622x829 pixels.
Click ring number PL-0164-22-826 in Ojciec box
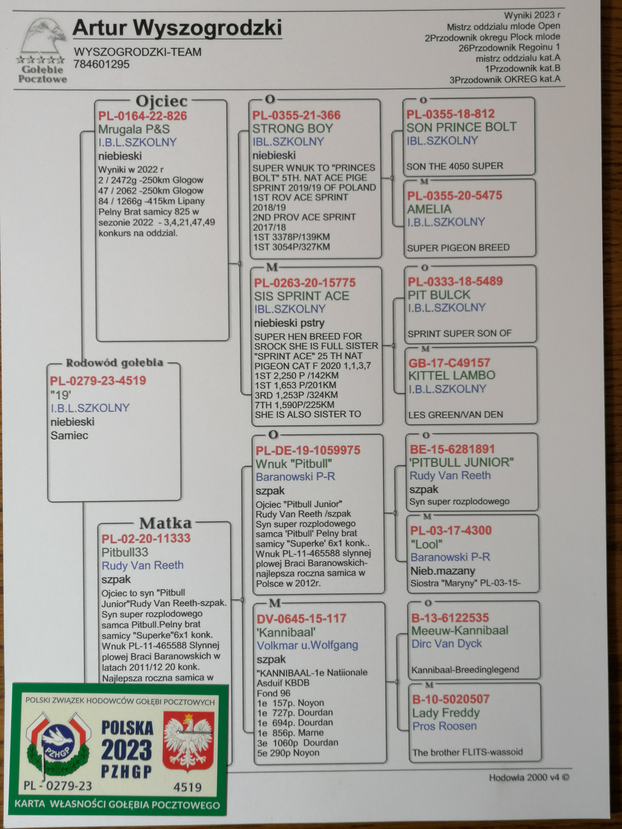point(143,116)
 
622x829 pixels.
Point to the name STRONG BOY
point(292,129)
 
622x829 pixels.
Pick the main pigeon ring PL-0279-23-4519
point(98,381)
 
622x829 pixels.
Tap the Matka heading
point(165,523)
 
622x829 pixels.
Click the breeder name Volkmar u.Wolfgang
point(307,645)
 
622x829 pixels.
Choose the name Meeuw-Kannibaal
point(460,630)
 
